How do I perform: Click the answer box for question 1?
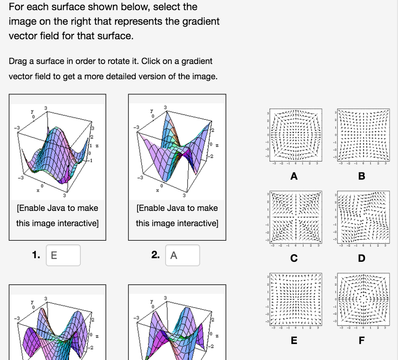coord(63,255)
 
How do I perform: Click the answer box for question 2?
coord(182,255)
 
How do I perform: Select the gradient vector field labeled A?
coord(294,135)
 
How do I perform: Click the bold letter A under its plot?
coord(294,176)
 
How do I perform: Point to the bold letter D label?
coord(361,258)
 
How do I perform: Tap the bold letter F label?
coord(361,341)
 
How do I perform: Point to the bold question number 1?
coord(36,255)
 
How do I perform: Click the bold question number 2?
coord(155,255)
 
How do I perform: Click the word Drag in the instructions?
coord(17,61)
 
